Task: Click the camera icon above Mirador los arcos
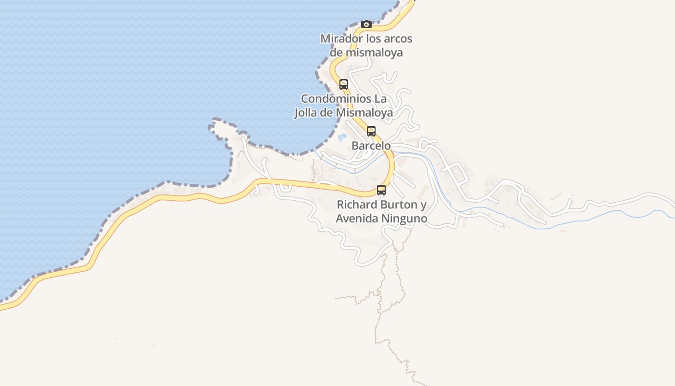366,24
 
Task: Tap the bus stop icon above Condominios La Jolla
344,84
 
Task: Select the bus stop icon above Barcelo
371,131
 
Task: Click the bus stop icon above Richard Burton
381,190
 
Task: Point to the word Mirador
340,39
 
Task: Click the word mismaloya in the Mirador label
373,53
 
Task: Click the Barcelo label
371,146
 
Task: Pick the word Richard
357,205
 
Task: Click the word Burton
399,205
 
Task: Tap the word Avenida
357,219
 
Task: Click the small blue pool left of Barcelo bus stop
342,138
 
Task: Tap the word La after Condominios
380,99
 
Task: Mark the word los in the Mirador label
373,39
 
